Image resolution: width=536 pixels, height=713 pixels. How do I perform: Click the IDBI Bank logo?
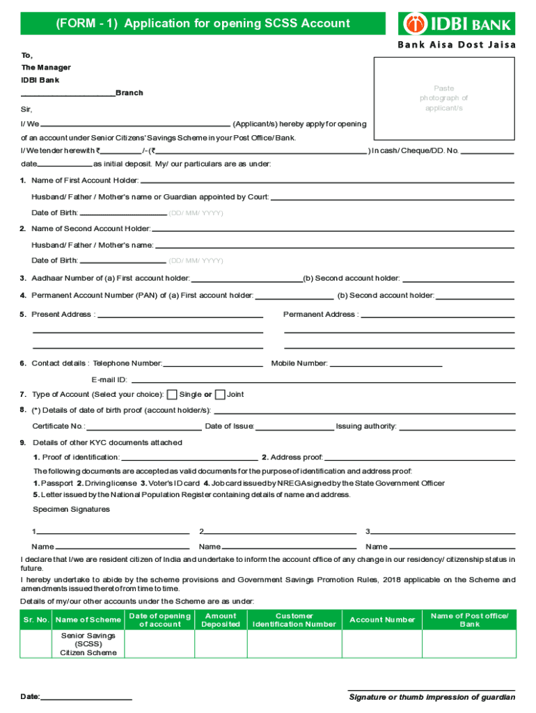[x=457, y=24]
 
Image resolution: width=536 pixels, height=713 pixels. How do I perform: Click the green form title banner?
[x=203, y=24]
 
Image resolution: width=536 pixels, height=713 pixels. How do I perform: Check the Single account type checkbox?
[x=172, y=395]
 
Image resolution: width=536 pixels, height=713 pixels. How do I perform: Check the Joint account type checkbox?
[x=220, y=395]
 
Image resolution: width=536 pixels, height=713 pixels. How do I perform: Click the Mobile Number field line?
[x=386, y=364]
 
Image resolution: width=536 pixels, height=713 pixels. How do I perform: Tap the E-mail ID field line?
[x=323, y=381]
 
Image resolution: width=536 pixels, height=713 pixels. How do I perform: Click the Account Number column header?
[x=382, y=620]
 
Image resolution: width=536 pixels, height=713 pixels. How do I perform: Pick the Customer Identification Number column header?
[x=294, y=620]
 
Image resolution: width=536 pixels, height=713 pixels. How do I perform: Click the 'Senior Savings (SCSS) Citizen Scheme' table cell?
[x=88, y=644]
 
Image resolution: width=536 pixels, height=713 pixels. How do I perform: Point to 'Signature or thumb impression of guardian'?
[x=432, y=697]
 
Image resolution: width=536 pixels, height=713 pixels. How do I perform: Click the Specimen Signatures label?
[x=71, y=510]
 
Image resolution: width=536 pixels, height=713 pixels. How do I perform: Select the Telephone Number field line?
[x=212, y=364]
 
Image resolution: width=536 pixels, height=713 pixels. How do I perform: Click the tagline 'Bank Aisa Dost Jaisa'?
[x=457, y=45]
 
